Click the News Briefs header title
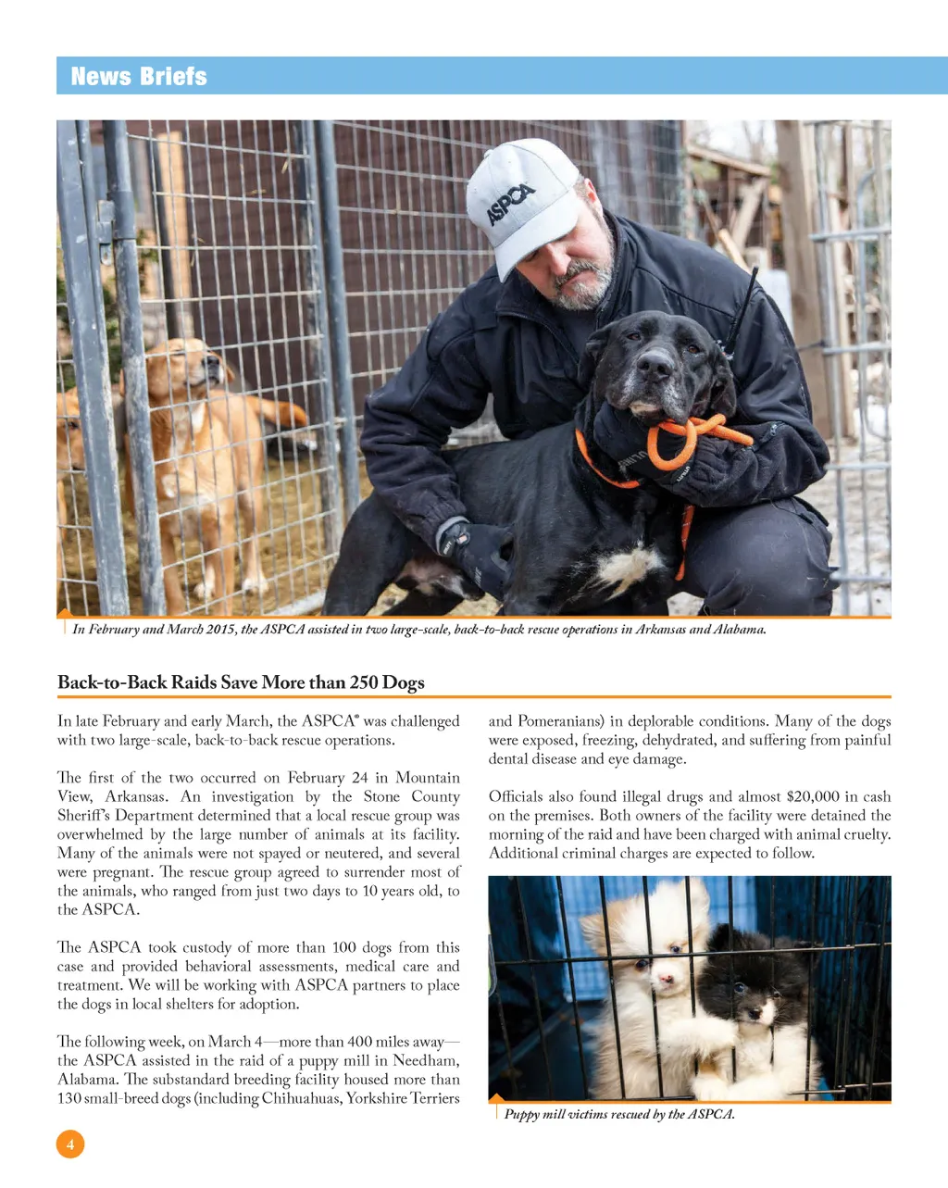[x=139, y=76]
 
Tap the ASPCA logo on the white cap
[x=511, y=205]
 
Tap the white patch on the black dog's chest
[x=630, y=566]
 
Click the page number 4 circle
[x=70, y=1144]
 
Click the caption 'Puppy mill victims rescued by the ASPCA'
[x=619, y=1114]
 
